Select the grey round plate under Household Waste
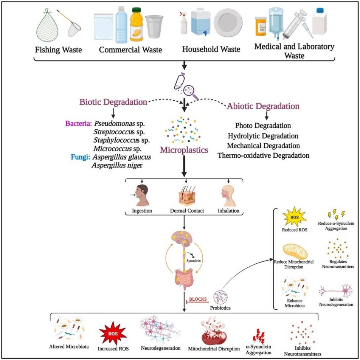pyautogui.click(x=228, y=23)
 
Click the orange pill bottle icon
pyautogui.click(x=261, y=26)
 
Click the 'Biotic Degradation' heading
pyautogui.click(x=113, y=102)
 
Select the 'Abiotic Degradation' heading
pyautogui.click(x=263, y=106)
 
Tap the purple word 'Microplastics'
pyautogui.click(x=184, y=150)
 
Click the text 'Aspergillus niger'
pyautogui.click(x=117, y=165)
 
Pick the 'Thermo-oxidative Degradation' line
pyautogui.click(x=263, y=155)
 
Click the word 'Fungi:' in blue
pyautogui.click(x=80, y=157)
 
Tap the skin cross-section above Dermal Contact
pyautogui.click(x=187, y=196)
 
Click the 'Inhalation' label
pyautogui.click(x=228, y=211)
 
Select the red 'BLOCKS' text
pyautogui.click(x=198, y=299)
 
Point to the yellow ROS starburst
pyautogui.click(x=295, y=217)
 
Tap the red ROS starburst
pyautogui.click(x=113, y=334)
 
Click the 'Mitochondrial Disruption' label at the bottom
pyautogui.click(x=214, y=349)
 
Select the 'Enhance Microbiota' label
pyautogui.click(x=295, y=303)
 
